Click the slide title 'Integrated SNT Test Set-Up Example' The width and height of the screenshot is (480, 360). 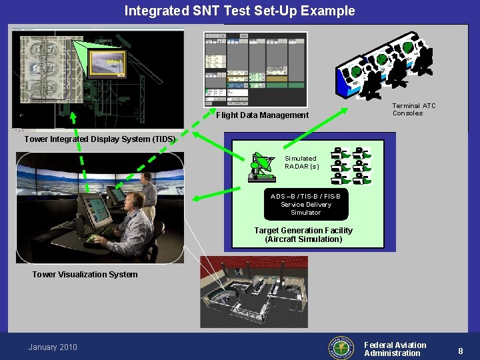(x=239, y=11)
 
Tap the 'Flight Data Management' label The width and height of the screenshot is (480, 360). (x=262, y=115)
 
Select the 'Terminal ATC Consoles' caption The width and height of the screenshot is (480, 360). (x=413, y=109)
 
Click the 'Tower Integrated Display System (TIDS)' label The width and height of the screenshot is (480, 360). (x=100, y=139)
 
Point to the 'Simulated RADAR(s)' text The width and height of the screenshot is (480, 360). (x=302, y=163)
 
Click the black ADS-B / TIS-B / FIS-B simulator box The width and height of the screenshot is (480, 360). (x=305, y=205)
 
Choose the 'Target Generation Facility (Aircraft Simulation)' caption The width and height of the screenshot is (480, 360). (x=303, y=235)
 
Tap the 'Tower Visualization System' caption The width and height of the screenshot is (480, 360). (x=85, y=275)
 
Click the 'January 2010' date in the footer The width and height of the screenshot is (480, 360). (x=53, y=347)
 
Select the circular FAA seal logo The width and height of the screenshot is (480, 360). (x=341, y=347)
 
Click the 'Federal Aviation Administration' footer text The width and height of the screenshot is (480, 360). (x=395, y=349)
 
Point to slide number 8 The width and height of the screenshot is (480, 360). (x=461, y=351)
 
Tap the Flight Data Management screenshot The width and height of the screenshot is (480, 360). (x=255, y=69)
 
